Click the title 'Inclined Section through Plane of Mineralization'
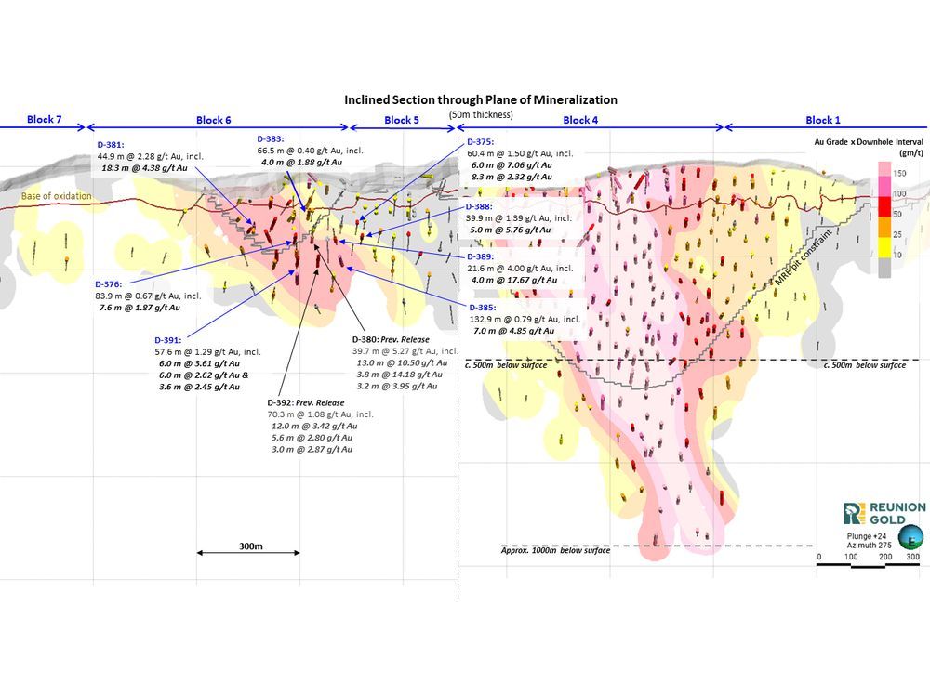481,99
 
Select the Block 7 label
45,120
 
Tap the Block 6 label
214,120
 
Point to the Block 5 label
402,120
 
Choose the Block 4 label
581,120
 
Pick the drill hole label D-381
113,145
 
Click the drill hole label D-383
272,138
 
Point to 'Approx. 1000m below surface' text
556,551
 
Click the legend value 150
900,173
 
